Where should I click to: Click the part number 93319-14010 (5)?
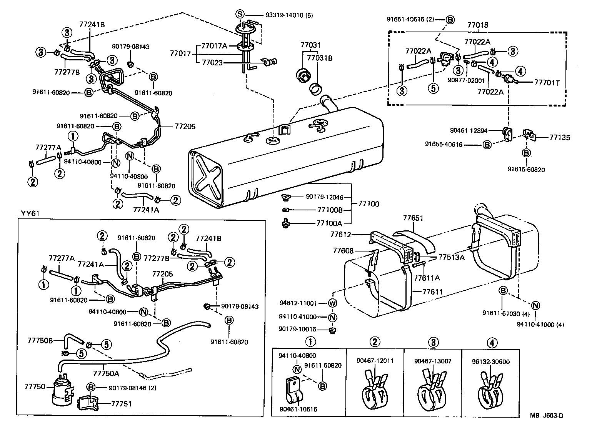click(x=289, y=15)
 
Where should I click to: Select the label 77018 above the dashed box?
click(x=478, y=25)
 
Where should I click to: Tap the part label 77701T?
click(x=547, y=82)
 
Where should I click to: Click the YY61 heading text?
click(x=30, y=214)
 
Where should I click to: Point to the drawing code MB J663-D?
click(x=546, y=415)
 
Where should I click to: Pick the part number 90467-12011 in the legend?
click(x=369, y=361)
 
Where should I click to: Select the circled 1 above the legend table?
click(x=311, y=342)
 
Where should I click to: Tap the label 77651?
click(x=413, y=218)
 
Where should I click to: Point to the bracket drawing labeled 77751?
click(x=89, y=403)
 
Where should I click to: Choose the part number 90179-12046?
click(x=325, y=197)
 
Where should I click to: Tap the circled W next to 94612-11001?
click(x=333, y=303)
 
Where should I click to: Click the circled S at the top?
click(x=240, y=14)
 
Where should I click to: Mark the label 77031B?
click(x=319, y=58)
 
